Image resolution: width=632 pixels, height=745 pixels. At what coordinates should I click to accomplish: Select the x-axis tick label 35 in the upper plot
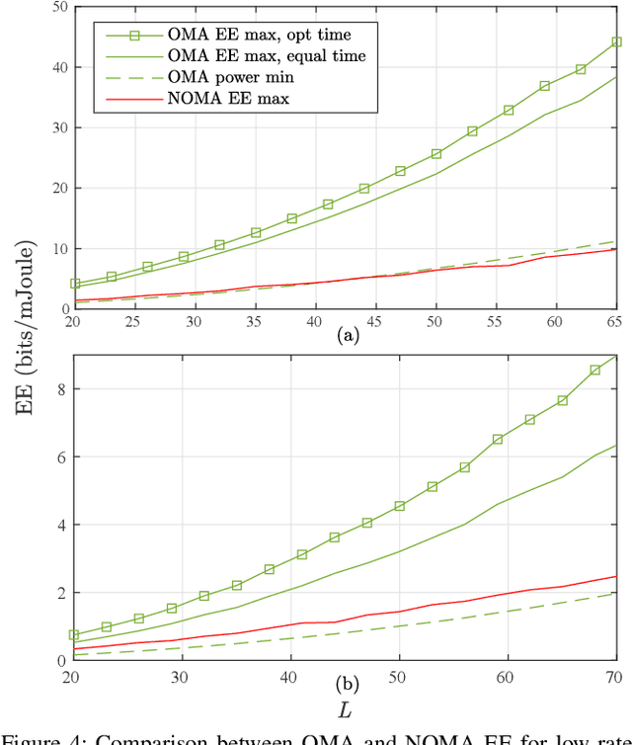coord(255,321)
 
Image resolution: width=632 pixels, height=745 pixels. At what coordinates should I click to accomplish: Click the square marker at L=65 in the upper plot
coord(616,42)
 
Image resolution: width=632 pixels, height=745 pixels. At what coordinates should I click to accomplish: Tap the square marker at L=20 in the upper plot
coord(74,284)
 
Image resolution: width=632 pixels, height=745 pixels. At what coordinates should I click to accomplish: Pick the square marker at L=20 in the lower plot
coord(74,635)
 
